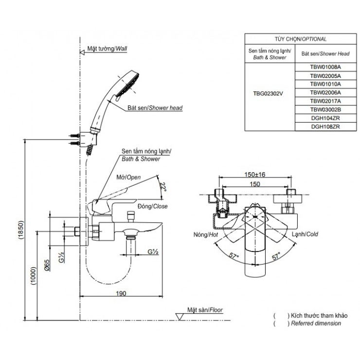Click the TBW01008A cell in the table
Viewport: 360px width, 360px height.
point(325,67)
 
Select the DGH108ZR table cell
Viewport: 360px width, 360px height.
point(325,126)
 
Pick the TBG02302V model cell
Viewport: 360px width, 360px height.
point(268,93)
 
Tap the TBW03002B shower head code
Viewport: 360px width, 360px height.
point(325,109)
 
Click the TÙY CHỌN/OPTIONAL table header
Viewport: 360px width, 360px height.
point(301,39)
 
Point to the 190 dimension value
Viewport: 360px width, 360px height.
point(121,293)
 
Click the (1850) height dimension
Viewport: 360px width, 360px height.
point(21,230)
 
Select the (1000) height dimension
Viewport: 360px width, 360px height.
point(34,276)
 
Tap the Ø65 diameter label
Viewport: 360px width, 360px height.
point(47,266)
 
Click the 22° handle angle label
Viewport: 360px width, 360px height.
point(163,187)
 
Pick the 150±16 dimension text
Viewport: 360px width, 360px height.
point(255,175)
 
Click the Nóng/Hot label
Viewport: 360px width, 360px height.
point(206,234)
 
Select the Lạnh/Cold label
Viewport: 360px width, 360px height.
point(305,234)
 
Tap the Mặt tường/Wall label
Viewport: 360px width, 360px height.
point(107,49)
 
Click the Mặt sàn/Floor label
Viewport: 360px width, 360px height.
point(205,310)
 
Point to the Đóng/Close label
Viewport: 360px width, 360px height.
point(152,206)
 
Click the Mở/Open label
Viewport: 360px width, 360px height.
point(128,177)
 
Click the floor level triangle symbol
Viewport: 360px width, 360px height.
point(180,317)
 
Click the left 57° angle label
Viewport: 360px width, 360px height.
point(234,256)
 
